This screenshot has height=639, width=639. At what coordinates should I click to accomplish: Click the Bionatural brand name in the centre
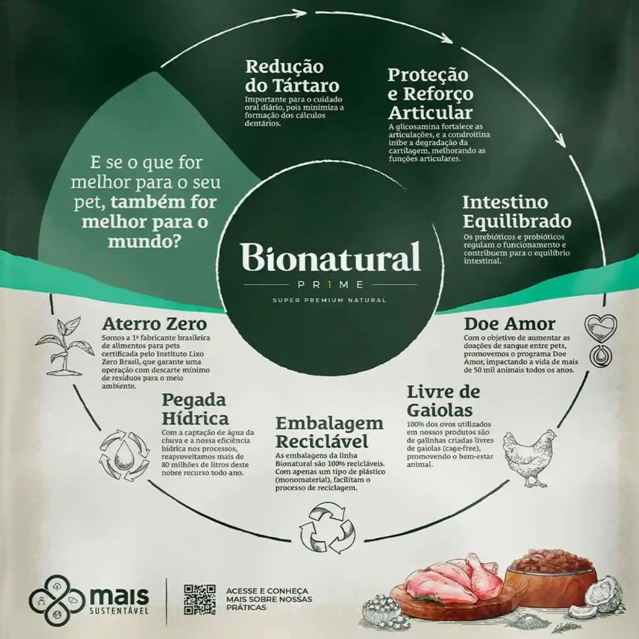coord(330,257)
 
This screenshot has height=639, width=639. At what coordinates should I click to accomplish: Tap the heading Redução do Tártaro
coord(292,76)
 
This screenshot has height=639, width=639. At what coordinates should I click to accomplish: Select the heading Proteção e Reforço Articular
coord(430,94)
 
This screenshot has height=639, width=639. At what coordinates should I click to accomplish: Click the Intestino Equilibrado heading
coord(517,212)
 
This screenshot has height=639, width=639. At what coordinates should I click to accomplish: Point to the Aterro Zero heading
coord(154,324)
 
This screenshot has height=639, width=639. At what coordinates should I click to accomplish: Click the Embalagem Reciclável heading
coord(329,432)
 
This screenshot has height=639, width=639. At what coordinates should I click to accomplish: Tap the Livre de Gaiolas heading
coord(444,402)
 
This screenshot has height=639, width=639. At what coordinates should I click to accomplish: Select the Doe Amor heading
coord(510,324)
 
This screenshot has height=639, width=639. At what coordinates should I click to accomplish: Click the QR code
coord(200,600)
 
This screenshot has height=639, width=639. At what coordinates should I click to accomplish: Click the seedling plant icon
coord(60,346)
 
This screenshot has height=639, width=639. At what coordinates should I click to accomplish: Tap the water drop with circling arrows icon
coord(125,455)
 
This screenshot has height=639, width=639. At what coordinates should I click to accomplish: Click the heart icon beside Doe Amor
coord(601,326)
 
